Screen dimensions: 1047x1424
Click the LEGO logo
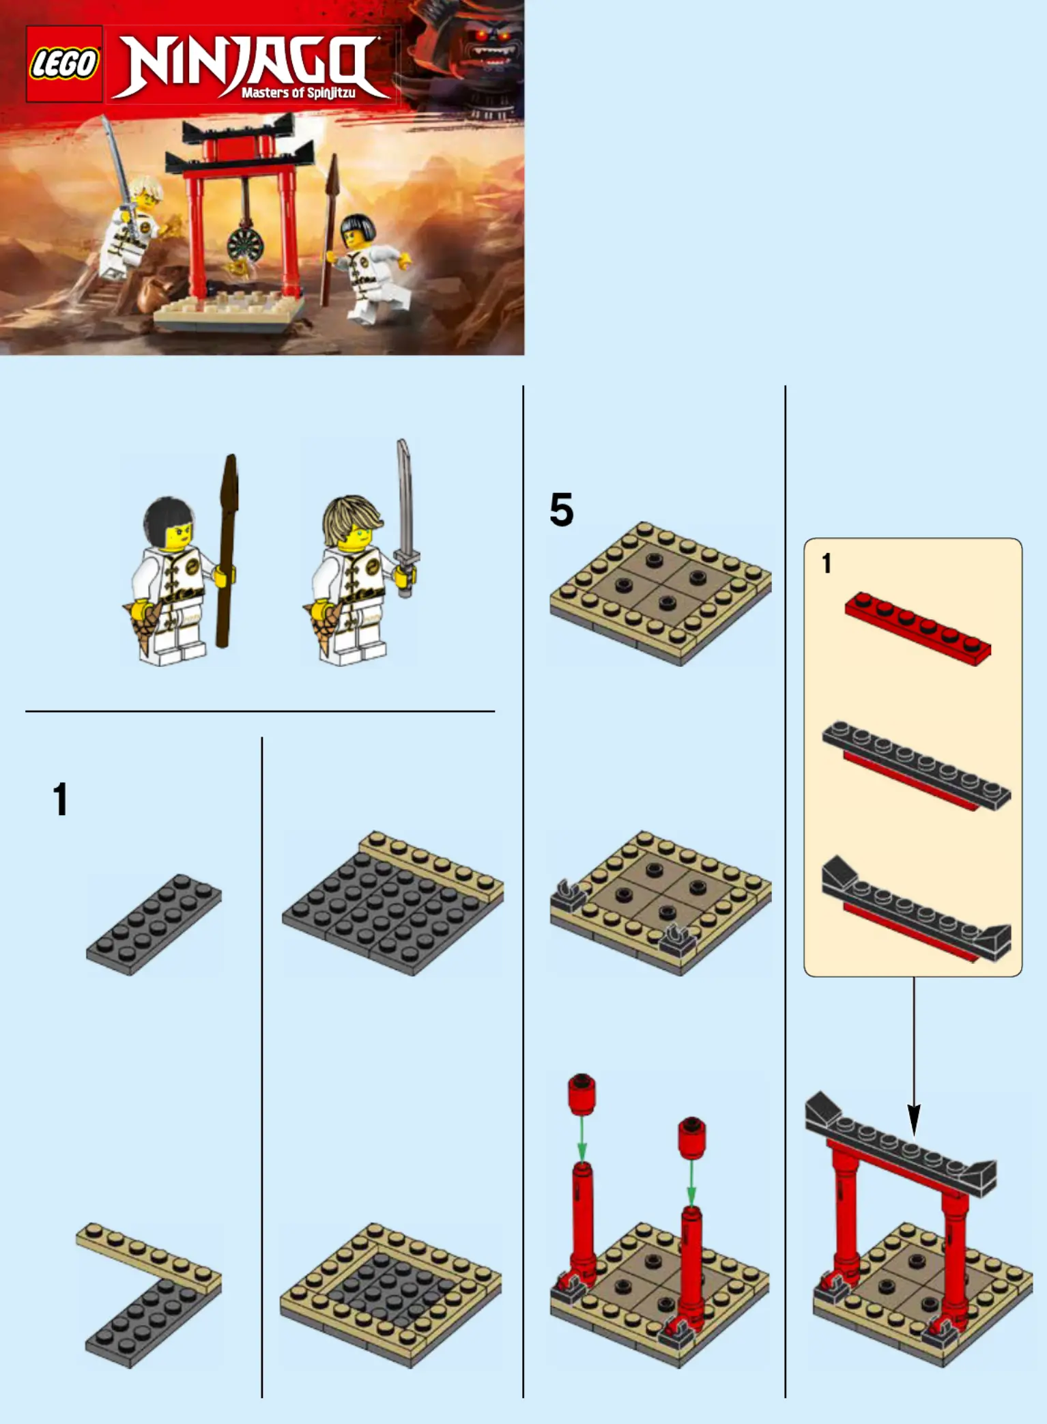64,64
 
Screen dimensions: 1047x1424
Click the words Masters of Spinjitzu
298,92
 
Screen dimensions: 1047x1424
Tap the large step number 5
561,510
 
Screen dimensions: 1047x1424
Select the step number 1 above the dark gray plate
60,799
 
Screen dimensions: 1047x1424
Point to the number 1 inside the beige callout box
827,563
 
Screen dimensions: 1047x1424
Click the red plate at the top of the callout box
917,628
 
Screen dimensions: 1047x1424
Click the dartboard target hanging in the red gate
243,244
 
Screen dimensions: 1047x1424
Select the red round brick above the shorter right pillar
691,1137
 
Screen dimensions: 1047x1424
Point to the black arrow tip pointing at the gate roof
914,1122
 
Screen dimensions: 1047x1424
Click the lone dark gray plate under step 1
154,924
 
